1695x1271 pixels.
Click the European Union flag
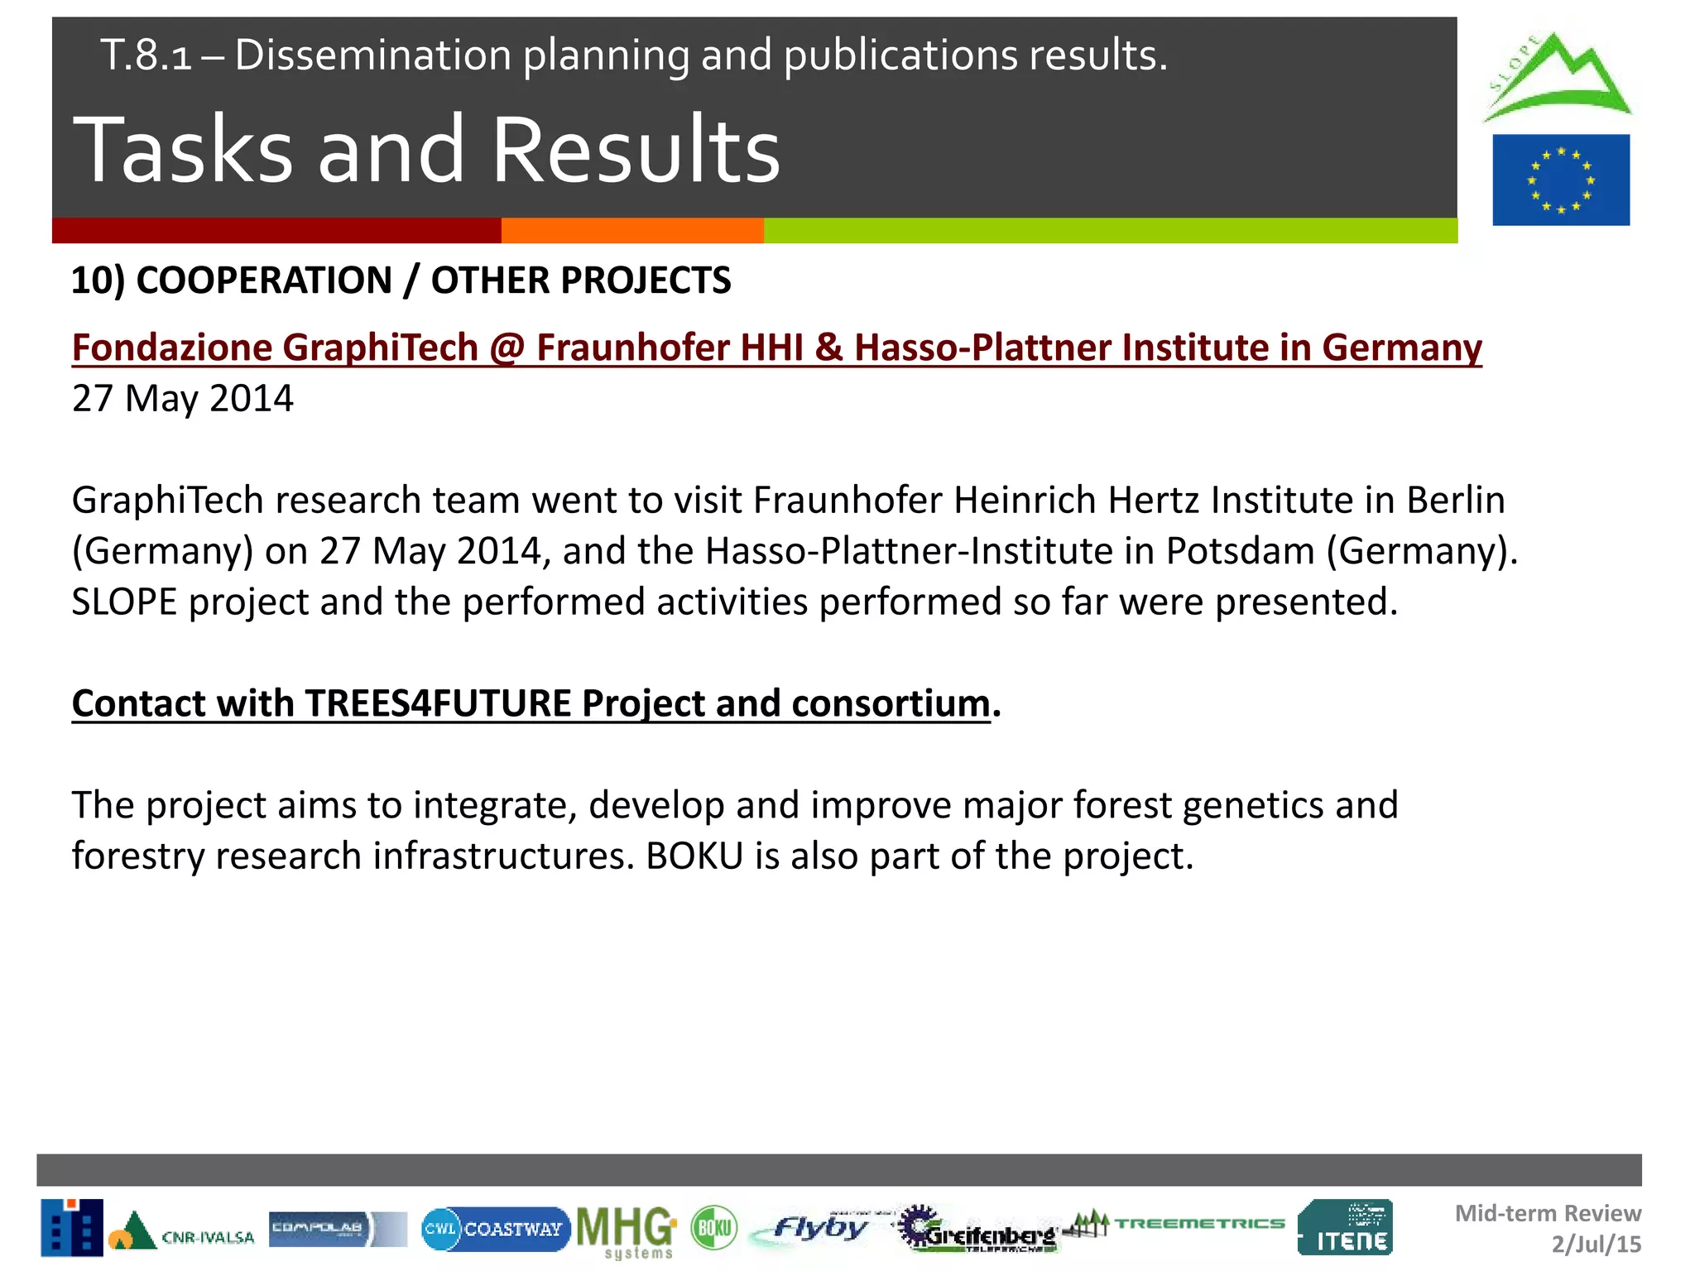coord(1560,180)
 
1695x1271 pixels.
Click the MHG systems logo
coord(627,1230)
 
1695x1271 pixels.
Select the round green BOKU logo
coord(713,1227)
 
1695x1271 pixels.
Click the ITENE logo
coord(1345,1227)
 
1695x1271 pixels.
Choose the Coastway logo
coord(495,1229)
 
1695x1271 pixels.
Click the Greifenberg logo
coord(977,1230)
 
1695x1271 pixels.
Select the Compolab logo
coord(337,1229)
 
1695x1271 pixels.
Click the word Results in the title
coord(636,151)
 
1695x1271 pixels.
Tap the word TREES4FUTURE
coord(438,703)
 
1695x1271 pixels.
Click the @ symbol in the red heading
coord(507,348)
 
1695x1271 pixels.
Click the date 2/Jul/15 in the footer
coord(1596,1244)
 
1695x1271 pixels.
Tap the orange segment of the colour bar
coord(632,230)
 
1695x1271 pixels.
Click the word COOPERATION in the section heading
coord(263,281)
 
